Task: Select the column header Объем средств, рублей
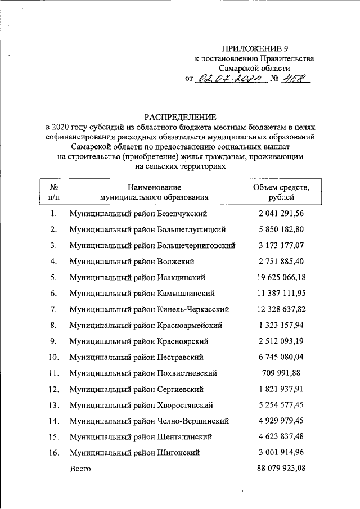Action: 281,192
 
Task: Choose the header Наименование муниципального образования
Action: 154,192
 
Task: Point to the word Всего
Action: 79,468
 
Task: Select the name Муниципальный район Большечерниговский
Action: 152,246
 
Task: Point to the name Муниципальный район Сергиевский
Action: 136,389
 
